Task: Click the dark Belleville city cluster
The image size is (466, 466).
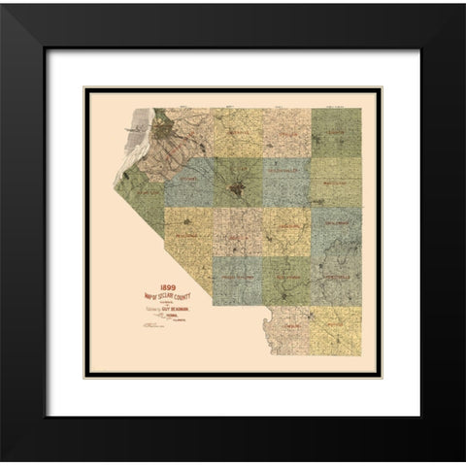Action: pyautogui.click(x=239, y=184)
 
